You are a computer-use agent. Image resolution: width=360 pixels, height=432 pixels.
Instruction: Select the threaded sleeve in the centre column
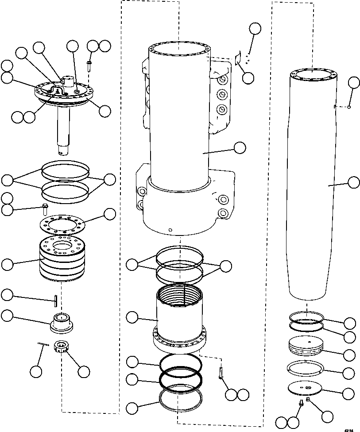coord(179,312)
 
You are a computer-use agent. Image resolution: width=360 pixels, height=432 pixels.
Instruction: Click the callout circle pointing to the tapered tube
coord(354,182)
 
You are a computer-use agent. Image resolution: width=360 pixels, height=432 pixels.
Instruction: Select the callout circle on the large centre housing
coord(240,147)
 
